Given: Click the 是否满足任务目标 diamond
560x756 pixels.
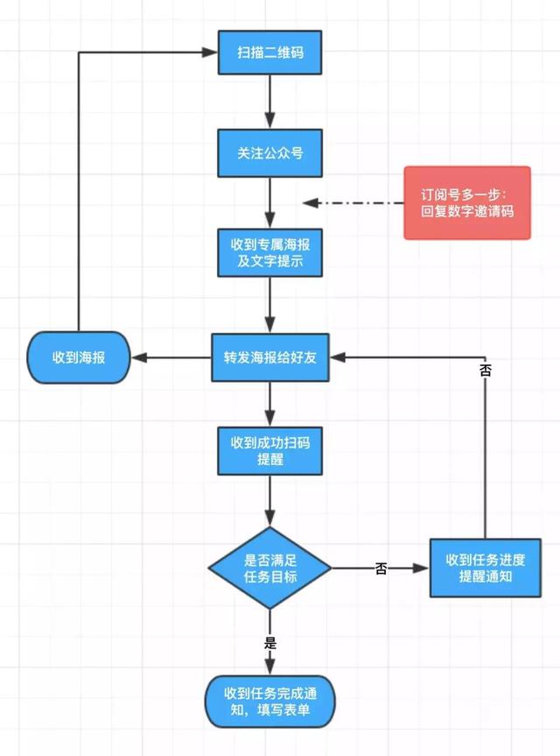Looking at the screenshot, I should [269, 569].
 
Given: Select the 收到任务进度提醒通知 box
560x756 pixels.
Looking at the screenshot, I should [483, 569].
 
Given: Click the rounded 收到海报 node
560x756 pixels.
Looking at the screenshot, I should [79, 357].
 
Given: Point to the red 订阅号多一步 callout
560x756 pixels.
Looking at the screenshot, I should [466, 203].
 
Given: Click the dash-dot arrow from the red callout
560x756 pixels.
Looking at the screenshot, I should [350, 203].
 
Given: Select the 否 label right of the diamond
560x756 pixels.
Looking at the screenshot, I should [381, 569].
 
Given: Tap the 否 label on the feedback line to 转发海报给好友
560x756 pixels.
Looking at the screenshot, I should [485, 371].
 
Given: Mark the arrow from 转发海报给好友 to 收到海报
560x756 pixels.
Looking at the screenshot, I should [171, 357].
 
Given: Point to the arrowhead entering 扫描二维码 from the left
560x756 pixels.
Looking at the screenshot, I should [211, 53].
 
